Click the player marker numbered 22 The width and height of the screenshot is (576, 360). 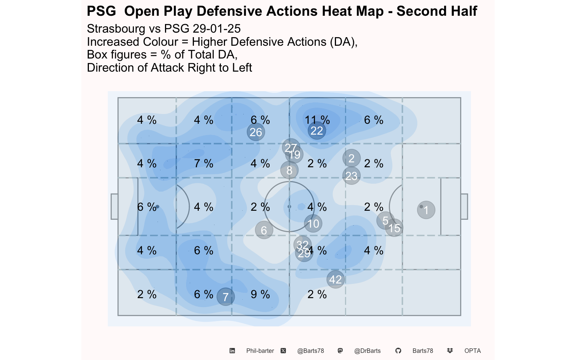coord(317,130)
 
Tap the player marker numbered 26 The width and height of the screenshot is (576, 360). coord(256,132)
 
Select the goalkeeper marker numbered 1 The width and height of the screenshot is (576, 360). coord(426,210)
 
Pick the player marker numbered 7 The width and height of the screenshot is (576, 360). coord(225,297)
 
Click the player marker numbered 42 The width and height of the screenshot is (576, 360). coord(336,279)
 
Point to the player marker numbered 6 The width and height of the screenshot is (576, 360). coord(264,230)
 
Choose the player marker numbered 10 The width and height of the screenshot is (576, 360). coord(313,223)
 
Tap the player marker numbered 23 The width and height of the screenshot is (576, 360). coord(351,175)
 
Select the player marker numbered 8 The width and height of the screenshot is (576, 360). coord(289,170)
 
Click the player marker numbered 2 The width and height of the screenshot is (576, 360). coord(351,158)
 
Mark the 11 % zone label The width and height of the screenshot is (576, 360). coord(317,120)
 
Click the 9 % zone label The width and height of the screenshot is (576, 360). coord(260,294)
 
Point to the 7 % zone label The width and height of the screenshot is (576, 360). coord(204,163)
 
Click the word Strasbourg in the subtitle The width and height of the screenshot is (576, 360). coord(116,29)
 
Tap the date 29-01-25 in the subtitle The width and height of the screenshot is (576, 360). coord(216,28)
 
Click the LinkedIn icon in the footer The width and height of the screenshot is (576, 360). coord(232,351)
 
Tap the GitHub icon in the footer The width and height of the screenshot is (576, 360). coord(398,351)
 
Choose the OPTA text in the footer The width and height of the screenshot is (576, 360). coord(472,351)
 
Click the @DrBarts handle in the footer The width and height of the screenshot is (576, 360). coord(367,351)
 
